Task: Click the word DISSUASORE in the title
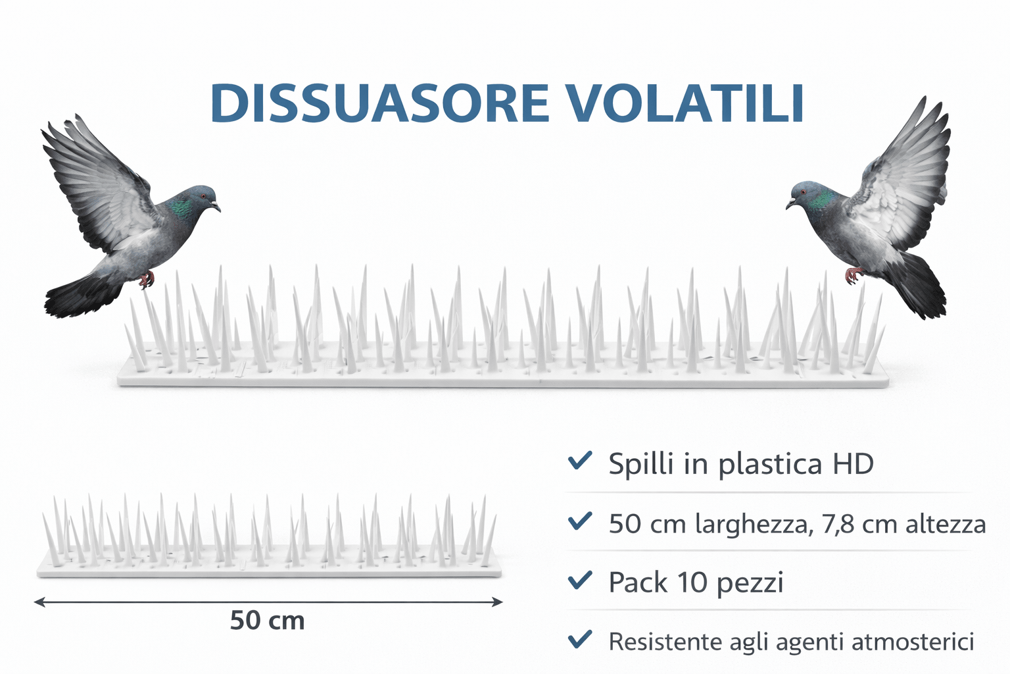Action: pyautogui.click(x=380, y=104)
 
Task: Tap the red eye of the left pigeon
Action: pyautogui.click(x=203, y=196)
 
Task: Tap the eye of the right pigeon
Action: pyautogui.click(x=804, y=192)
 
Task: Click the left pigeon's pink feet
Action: pyautogui.click(x=147, y=280)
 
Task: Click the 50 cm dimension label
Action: pyautogui.click(x=268, y=621)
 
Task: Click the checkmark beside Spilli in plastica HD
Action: pyautogui.click(x=580, y=461)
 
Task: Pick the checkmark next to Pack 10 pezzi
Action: pyautogui.click(x=580, y=580)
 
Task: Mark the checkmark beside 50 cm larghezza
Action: pyautogui.click(x=580, y=521)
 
